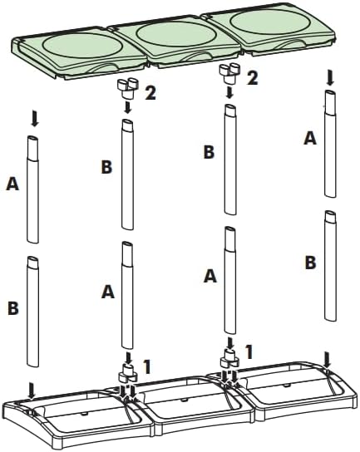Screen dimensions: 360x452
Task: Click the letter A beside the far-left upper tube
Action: point(12,184)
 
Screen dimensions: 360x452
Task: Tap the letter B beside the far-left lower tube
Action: point(13,307)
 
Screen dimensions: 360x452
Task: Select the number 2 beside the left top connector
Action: point(150,93)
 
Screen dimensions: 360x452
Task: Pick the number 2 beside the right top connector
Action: point(252,78)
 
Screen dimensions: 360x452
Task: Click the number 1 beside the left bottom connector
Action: point(147,366)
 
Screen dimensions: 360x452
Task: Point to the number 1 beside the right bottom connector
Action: point(249,352)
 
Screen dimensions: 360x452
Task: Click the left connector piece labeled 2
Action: point(127,88)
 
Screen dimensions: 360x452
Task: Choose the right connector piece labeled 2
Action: point(230,72)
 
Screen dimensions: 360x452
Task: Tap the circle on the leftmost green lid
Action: point(82,47)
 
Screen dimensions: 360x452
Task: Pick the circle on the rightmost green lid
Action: point(270,22)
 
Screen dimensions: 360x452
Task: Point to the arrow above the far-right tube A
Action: point(330,79)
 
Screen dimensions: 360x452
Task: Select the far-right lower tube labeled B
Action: point(331,266)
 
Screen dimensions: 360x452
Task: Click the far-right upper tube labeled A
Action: point(330,144)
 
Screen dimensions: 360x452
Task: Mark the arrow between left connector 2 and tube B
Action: point(126,107)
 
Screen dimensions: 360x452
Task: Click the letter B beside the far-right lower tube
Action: point(310,263)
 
